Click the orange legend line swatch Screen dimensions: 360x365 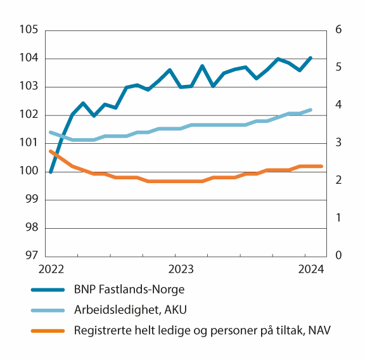click(48, 330)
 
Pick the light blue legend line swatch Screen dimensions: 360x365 click(48, 311)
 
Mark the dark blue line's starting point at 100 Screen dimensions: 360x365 click(51, 171)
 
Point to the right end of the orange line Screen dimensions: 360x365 click(322, 166)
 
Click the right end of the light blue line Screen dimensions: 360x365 click(311, 110)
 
